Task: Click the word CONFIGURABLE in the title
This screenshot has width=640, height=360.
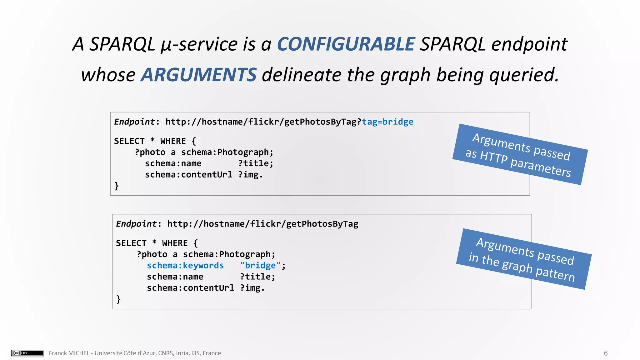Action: [x=346, y=44]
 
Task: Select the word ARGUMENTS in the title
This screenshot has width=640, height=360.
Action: [x=198, y=75]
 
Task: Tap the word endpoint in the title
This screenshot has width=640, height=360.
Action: [x=529, y=44]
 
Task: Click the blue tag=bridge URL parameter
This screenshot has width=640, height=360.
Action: [x=387, y=122]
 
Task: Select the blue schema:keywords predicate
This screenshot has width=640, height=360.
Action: [x=185, y=266]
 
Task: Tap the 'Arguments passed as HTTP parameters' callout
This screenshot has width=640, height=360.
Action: [x=520, y=154]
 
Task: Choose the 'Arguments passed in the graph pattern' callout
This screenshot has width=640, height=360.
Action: [x=524, y=259]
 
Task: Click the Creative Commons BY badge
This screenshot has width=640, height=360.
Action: [x=27, y=353]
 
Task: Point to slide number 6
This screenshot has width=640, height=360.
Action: [x=606, y=353]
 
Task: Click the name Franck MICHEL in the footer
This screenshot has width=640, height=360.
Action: [x=69, y=353]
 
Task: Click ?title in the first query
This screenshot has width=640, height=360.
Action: [x=256, y=163]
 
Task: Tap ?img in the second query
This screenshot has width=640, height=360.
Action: [x=252, y=288]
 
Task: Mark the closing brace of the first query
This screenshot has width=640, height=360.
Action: [x=117, y=186]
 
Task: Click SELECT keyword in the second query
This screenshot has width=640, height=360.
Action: [x=131, y=243]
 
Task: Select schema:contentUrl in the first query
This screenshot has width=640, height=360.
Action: [x=188, y=175]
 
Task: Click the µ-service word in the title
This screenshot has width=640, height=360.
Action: [x=199, y=44]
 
